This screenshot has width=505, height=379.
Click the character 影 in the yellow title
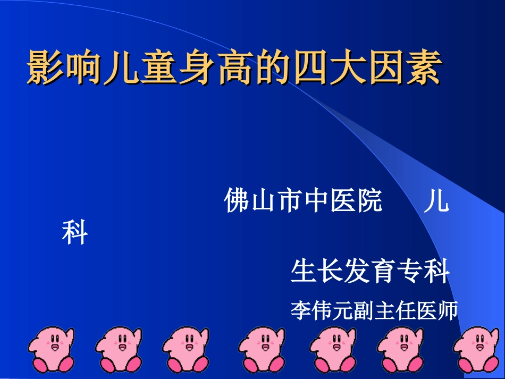coord(44,68)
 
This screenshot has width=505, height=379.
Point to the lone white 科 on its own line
coord(75,233)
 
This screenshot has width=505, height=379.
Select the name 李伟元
coord(317,310)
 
